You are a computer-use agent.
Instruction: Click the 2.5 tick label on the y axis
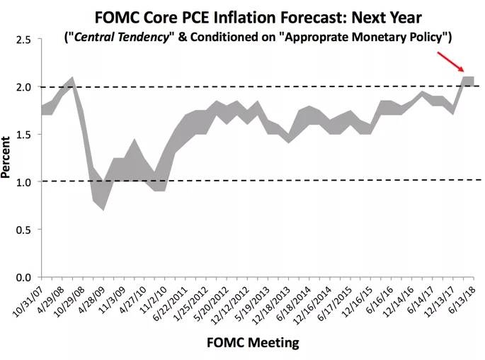(x=24, y=40)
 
